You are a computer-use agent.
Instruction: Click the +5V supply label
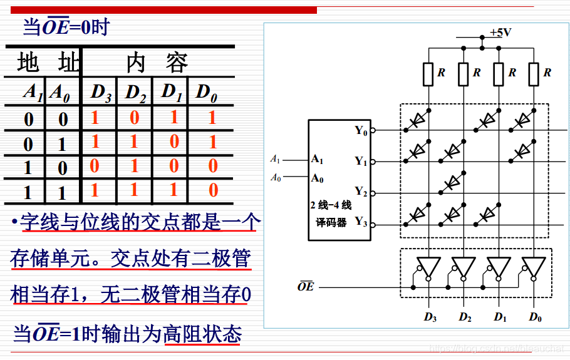click(500, 33)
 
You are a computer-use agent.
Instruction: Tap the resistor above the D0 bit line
click(534, 74)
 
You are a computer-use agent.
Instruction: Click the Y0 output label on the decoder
click(361, 130)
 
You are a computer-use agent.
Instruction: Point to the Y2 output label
click(361, 191)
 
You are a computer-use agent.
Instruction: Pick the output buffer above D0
click(534, 268)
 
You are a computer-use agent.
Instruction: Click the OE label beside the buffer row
click(305, 287)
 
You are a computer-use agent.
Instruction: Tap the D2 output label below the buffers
click(464, 317)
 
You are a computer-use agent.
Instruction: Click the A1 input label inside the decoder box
click(318, 159)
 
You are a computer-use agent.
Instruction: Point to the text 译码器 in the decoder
click(331, 222)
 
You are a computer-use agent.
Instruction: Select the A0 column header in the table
click(60, 93)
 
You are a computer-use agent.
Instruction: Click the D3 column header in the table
click(100, 93)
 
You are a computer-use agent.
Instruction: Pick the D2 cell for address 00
click(135, 118)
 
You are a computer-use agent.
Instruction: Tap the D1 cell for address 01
click(174, 142)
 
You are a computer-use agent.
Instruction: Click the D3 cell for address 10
click(95, 166)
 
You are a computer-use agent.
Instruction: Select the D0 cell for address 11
click(213, 190)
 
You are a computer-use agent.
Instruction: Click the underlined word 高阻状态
click(202, 334)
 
